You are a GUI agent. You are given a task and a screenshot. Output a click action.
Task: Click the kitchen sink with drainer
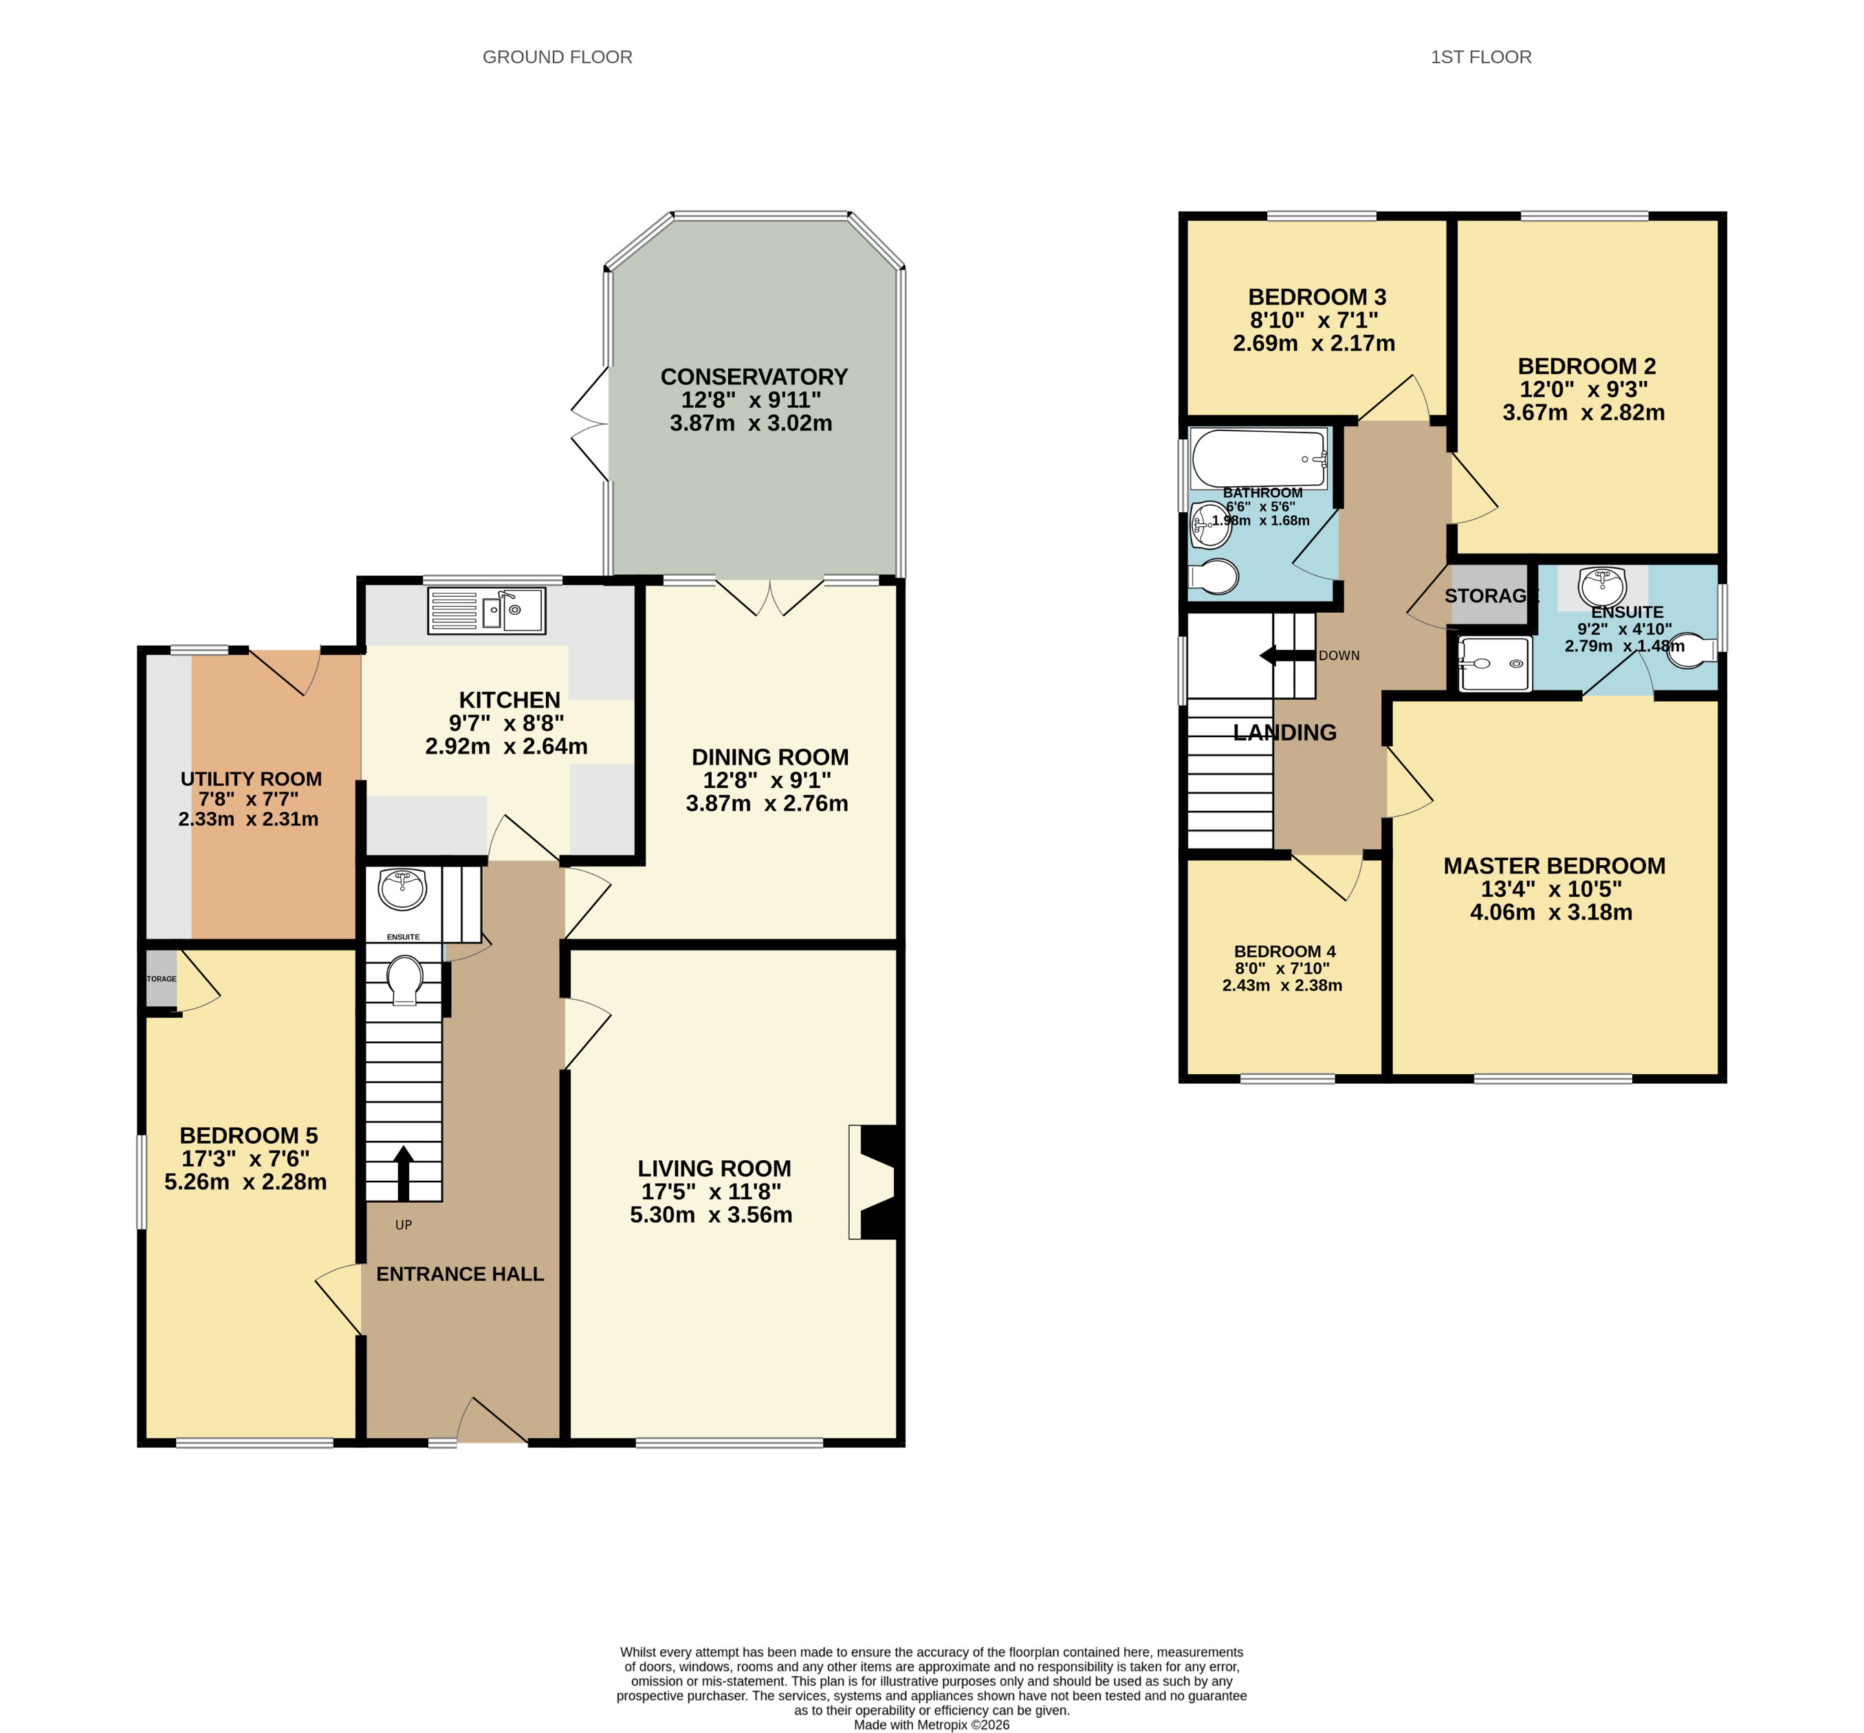click(485, 611)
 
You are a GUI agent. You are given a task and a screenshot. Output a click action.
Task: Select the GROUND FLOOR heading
click(557, 57)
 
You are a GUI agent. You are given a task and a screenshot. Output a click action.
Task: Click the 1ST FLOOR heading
click(1480, 57)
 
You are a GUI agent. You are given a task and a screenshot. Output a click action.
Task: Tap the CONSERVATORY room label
click(753, 377)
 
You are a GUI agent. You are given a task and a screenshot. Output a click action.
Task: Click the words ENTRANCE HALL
click(459, 1274)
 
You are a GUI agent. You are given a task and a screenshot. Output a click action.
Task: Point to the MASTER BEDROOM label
click(1554, 866)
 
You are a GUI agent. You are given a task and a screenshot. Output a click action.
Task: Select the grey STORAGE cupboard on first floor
click(1489, 596)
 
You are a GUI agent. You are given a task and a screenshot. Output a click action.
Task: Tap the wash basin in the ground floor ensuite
click(403, 888)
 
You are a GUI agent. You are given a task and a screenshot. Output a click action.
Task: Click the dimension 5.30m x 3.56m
click(711, 1214)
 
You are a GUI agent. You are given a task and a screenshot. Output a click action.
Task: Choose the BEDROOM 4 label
click(1284, 951)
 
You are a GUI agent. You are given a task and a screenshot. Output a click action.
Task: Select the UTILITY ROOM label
click(250, 778)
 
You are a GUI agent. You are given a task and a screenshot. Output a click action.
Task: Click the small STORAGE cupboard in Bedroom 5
click(162, 978)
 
